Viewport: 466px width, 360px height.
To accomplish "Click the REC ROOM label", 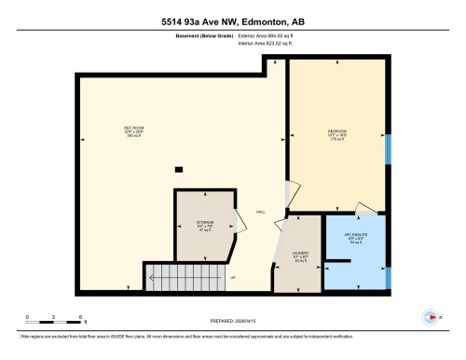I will click(132, 128).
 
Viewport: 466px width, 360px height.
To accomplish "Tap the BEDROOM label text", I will click(336, 132).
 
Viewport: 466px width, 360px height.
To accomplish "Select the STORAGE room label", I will click(205, 223).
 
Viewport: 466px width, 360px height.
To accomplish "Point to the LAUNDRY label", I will click(300, 253).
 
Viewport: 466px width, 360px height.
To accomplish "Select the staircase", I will click(185, 276).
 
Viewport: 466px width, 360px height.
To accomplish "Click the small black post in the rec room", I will click(179, 169).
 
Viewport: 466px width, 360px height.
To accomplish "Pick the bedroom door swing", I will click(292, 196).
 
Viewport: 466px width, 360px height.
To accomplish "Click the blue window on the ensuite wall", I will click(389, 278).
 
